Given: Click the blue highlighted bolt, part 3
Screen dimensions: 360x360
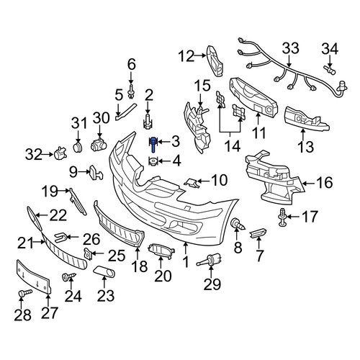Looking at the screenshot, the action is coord(153,145).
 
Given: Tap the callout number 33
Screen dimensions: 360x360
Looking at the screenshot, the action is coord(290,49).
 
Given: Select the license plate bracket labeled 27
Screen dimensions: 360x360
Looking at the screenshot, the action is coord(34,276).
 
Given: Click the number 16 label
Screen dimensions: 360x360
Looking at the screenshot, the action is coord(324,183).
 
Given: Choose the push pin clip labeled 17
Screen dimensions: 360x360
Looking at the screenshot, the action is coord(282,217).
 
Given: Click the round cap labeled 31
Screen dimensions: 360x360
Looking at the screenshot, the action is coord(78,147).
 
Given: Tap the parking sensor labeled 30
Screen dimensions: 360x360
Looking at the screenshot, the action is coord(99,145).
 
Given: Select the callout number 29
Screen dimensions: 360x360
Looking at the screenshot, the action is coord(212,285).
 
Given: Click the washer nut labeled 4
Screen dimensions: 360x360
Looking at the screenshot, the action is coord(153,161).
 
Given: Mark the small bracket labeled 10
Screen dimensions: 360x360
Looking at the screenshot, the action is coord(192,183).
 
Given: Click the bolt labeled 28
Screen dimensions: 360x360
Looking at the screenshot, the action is coord(24,293).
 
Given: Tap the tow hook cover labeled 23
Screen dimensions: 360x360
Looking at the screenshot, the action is coord(104,271).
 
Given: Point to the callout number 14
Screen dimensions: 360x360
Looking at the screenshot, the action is coord(233,146).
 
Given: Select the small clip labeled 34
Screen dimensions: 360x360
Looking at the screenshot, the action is coord(330,70).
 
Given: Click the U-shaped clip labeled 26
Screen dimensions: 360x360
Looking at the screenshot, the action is coord(60,238).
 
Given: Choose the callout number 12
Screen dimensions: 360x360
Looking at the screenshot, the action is coord(186,56).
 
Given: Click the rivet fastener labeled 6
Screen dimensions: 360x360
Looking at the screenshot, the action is coord(131,91).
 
